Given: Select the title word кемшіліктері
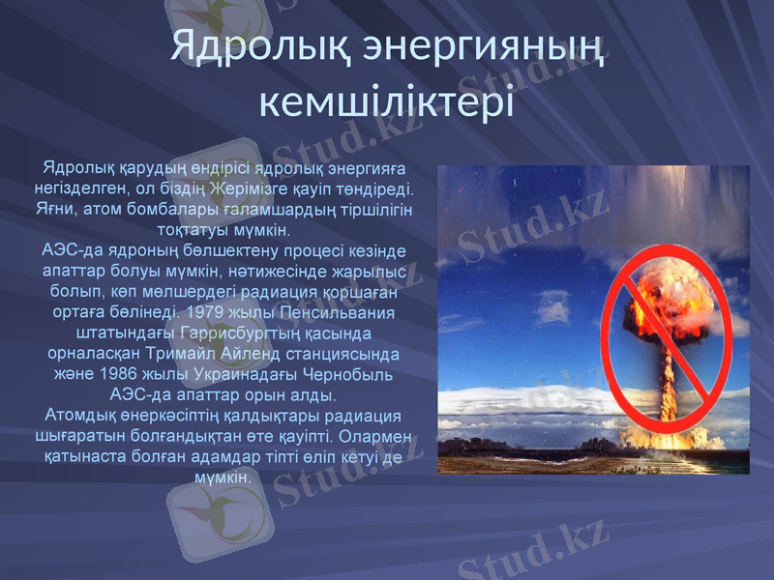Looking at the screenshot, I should [386, 100].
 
